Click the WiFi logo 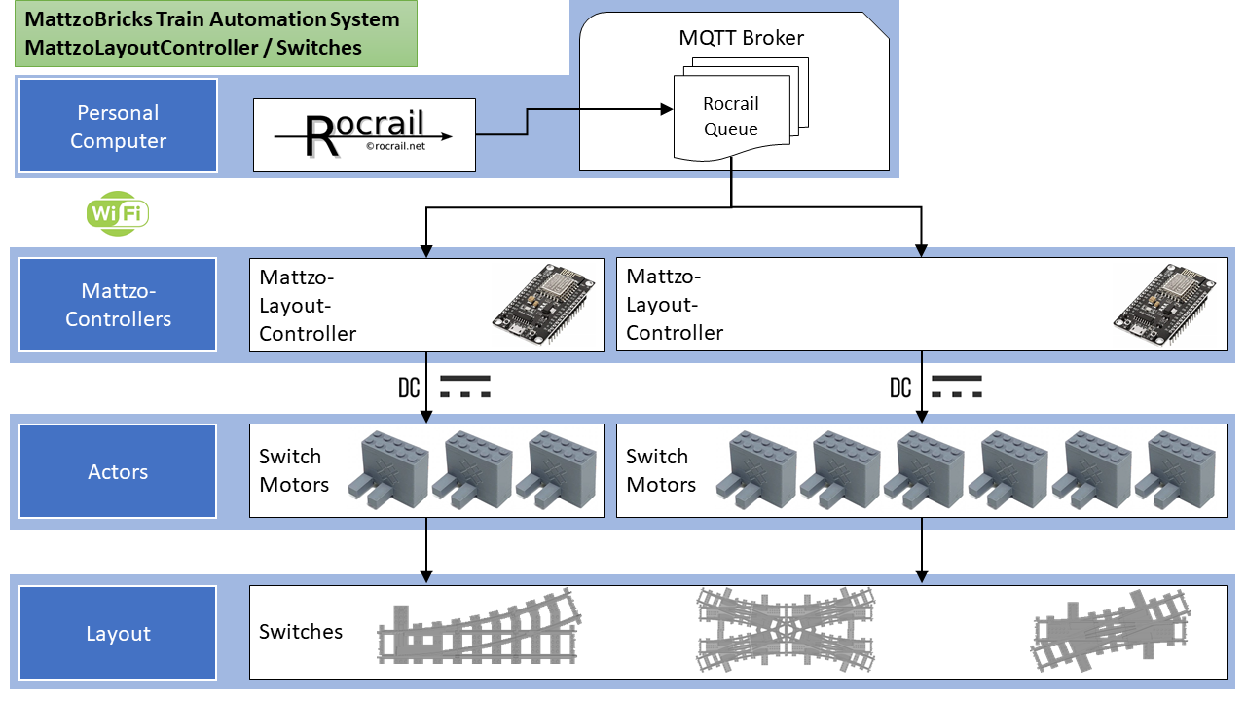[x=118, y=214]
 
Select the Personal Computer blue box [x=118, y=127]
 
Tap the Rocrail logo [x=364, y=135]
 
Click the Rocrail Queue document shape [x=730, y=117]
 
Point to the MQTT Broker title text [x=741, y=38]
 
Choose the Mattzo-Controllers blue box [x=118, y=305]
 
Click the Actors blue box [x=118, y=471]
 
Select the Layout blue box [x=118, y=633]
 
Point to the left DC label [x=409, y=387]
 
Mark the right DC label [x=900, y=387]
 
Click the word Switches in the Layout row [x=301, y=632]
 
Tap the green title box [x=215, y=33]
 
